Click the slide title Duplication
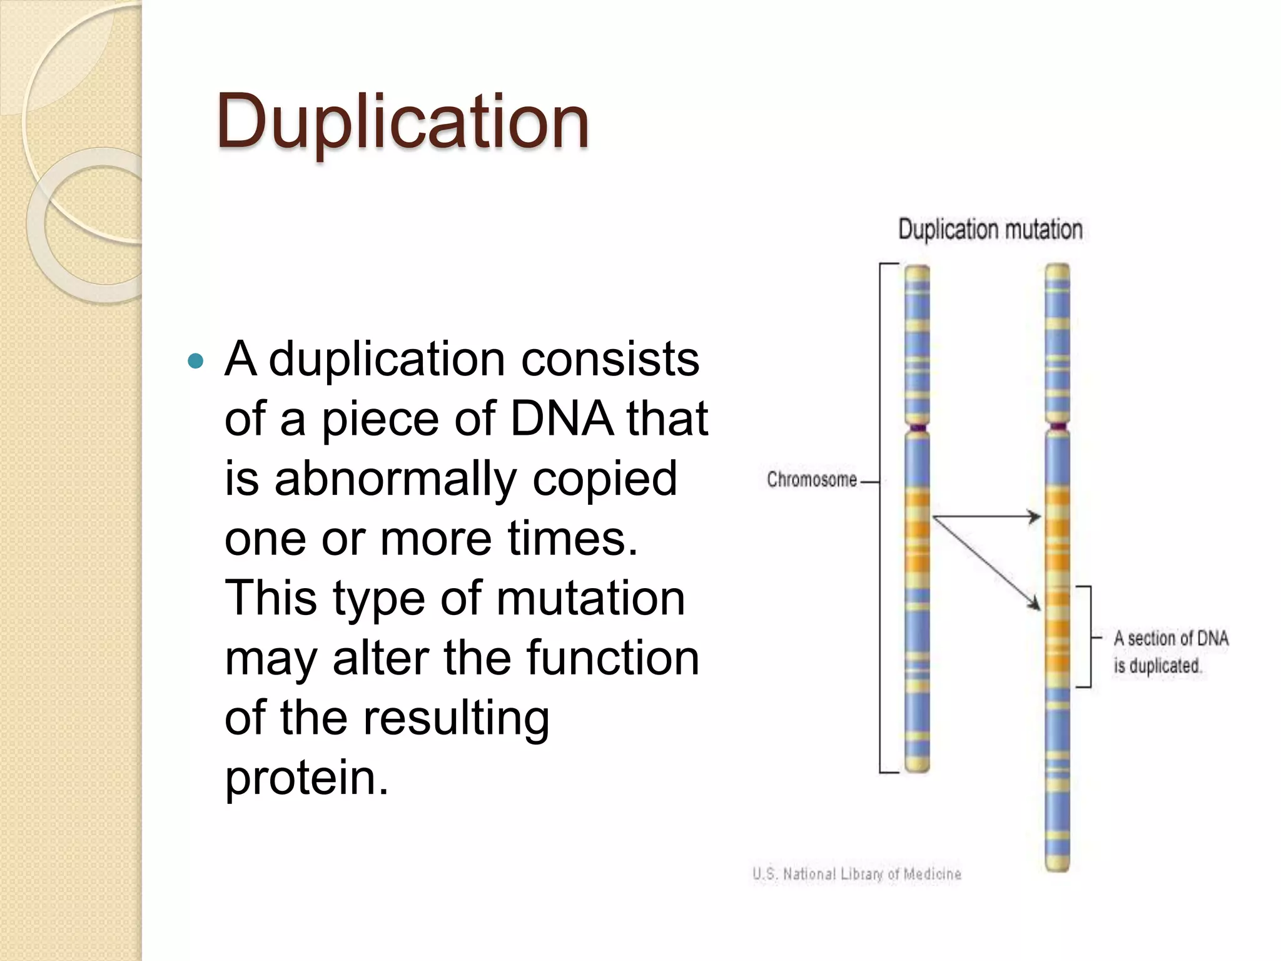tap(402, 121)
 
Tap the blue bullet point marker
tap(196, 361)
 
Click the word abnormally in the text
tap(395, 479)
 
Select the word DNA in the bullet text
tap(561, 419)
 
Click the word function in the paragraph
tap(612, 658)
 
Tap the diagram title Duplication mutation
tap(990, 230)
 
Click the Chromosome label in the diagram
tap(811, 480)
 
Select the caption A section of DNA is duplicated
tap(1170, 652)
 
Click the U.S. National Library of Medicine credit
tap(856, 874)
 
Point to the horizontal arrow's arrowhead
tap(1036, 517)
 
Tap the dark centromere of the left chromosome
tap(918, 429)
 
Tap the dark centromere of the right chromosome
tap(1058, 427)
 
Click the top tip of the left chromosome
tap(918, 270)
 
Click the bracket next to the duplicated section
tap(1090, 637)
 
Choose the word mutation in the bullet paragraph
tap(590, 599)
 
